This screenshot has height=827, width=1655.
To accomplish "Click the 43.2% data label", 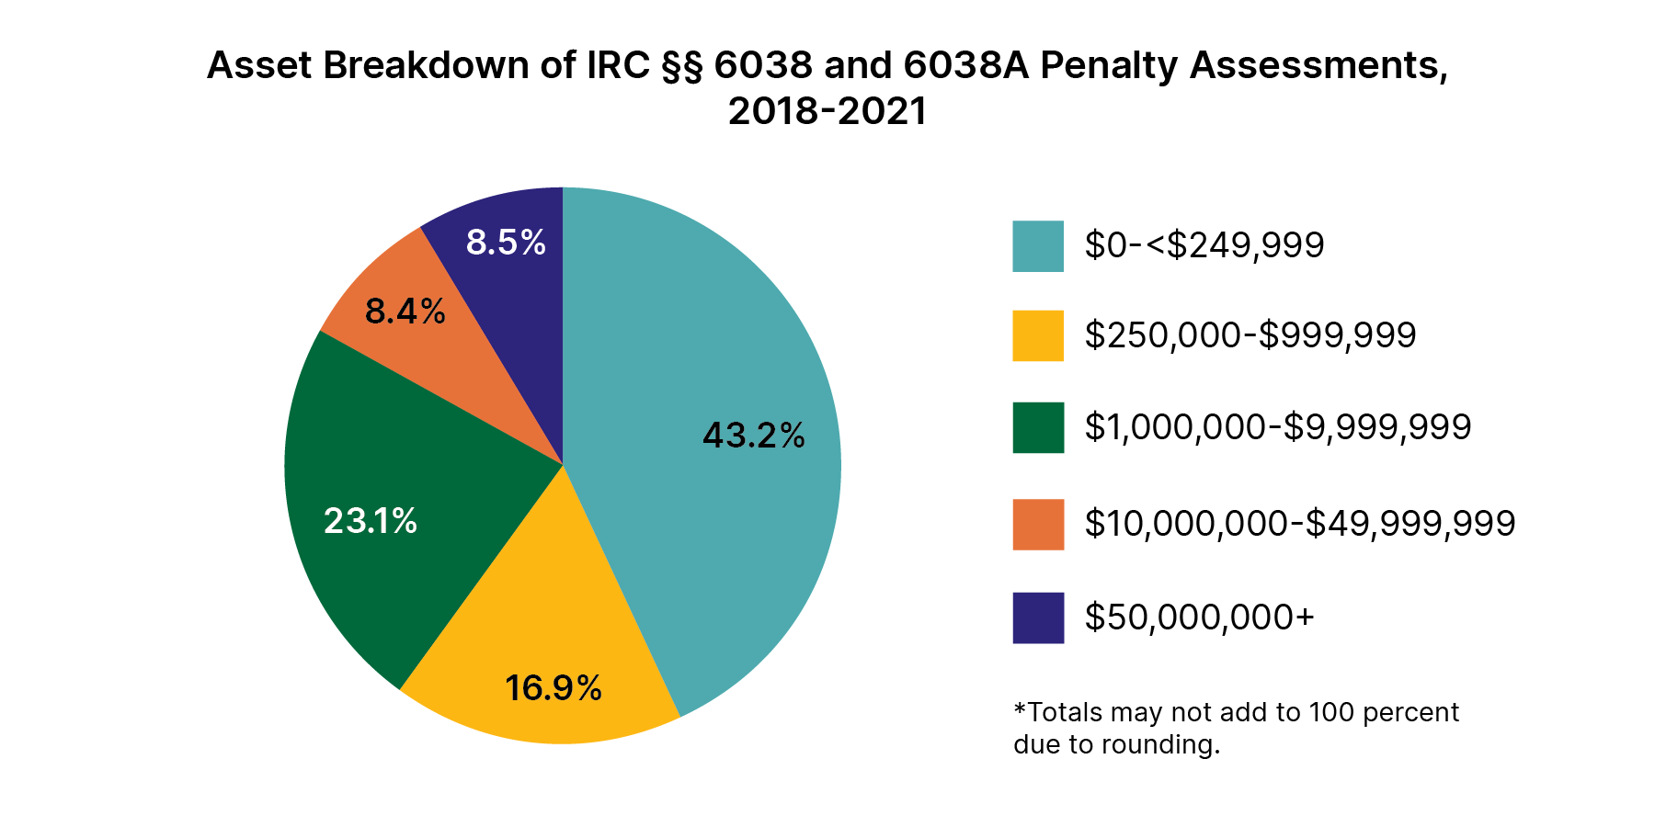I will tap(753, 436).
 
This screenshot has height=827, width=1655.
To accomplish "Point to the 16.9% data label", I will tap(553, 688).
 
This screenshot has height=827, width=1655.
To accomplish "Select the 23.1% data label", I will tap(371, 522).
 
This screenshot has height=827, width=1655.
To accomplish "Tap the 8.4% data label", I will tap(405, 312).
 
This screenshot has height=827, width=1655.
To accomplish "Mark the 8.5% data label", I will tap(506, 243).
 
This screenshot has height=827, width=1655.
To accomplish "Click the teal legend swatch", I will tap(1038, 246).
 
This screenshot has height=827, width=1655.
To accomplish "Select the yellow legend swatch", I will tap(1038, 335).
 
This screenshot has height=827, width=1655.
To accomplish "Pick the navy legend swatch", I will tap(1038, 617).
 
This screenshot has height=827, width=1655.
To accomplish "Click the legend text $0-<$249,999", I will tap(1204, 245).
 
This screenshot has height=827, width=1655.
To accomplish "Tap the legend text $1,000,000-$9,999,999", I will tap(1277, 427).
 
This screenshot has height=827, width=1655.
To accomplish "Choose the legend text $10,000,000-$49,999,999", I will tap(1299, 524).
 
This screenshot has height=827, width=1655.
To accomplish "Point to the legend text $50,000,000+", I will tap(1199, 617).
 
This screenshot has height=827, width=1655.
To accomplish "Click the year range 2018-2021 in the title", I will tap(827, 111).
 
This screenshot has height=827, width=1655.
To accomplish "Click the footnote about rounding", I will tap(1236, 728).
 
